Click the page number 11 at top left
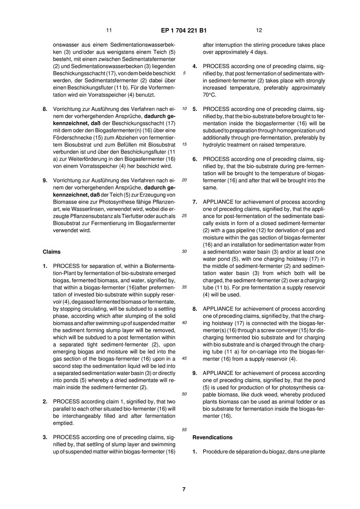(108, 30)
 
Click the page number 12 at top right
(259, 30)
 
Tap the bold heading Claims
(52, 252)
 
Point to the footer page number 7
(184, 489)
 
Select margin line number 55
(184, 430)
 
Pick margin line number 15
(184, 145)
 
